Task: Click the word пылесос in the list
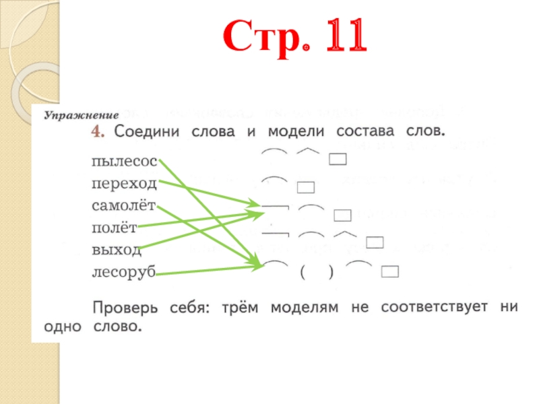(124, 162)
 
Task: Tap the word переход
(124, 183)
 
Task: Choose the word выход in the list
(117, 250)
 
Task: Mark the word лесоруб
(123, 272)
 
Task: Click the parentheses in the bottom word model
(316, 273)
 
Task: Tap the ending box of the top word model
(338, 160)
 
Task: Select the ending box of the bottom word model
(390, 272)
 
